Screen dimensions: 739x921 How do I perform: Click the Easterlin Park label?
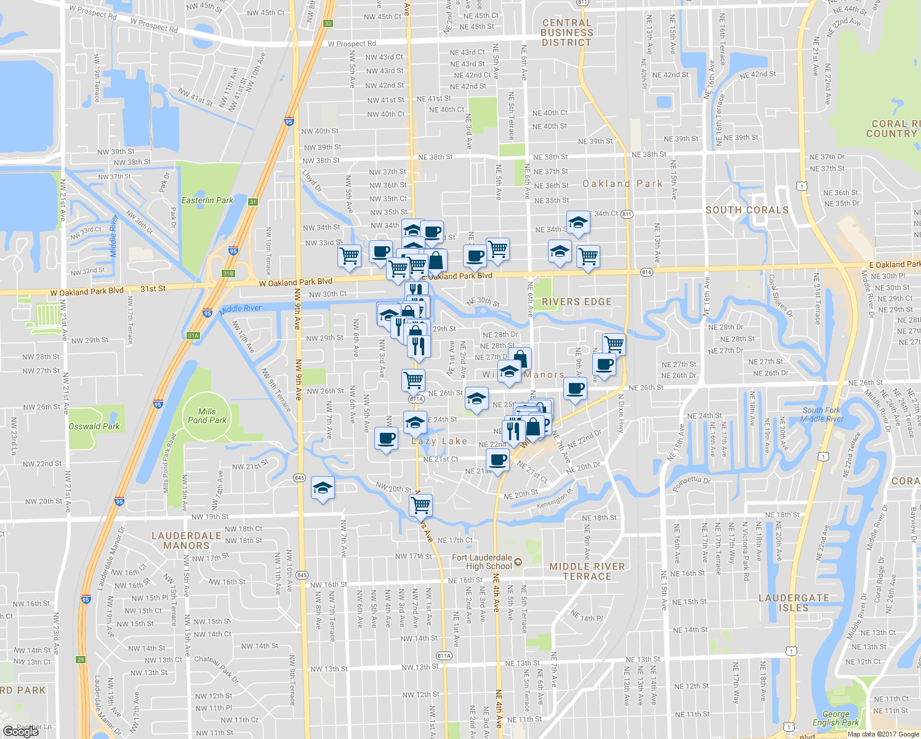(x=207, y=200)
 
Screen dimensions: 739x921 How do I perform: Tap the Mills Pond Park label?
(x=207, y=416)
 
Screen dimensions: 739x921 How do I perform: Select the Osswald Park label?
(x=94, y=426)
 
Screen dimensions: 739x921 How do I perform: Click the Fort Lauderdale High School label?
(x=482, y=562)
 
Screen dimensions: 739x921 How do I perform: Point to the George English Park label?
(x=835, y=718)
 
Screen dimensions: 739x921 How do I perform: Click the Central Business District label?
(x=566, y=33)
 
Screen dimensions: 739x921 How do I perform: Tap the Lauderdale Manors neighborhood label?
(x=186, y=541)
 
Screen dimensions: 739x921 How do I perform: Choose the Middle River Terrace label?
(x=587, y=571)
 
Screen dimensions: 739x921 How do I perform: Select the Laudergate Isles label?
(x=794, y=603)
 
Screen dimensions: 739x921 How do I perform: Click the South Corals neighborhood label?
(x=747, y=210)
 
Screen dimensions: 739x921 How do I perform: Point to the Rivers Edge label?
(x=577, y=302)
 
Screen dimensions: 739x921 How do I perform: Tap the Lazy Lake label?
(x=440, y=441)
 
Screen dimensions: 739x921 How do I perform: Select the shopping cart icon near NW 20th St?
(x=421, y=505)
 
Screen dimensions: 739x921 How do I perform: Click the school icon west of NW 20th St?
(x=323, y=488)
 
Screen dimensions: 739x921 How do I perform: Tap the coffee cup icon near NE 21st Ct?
(x=497, y=459)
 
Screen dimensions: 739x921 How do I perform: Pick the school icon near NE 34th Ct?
(x=578, y=223)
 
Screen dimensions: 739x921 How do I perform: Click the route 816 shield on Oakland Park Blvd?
(x=646, y=272)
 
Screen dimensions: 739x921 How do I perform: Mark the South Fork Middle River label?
(x=821, y=414)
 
